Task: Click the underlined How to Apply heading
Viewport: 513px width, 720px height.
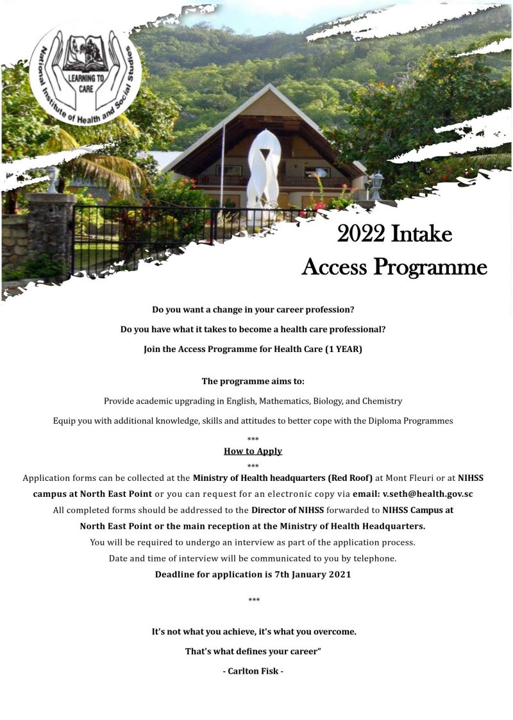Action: tap(253, 451)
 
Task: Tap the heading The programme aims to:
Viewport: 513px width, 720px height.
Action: tap(253, 381)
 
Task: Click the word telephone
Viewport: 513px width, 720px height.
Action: tap(376, 558)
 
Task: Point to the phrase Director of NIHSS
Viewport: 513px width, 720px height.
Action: tap(287, 510)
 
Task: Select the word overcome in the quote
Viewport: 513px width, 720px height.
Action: tap(329, 632)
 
